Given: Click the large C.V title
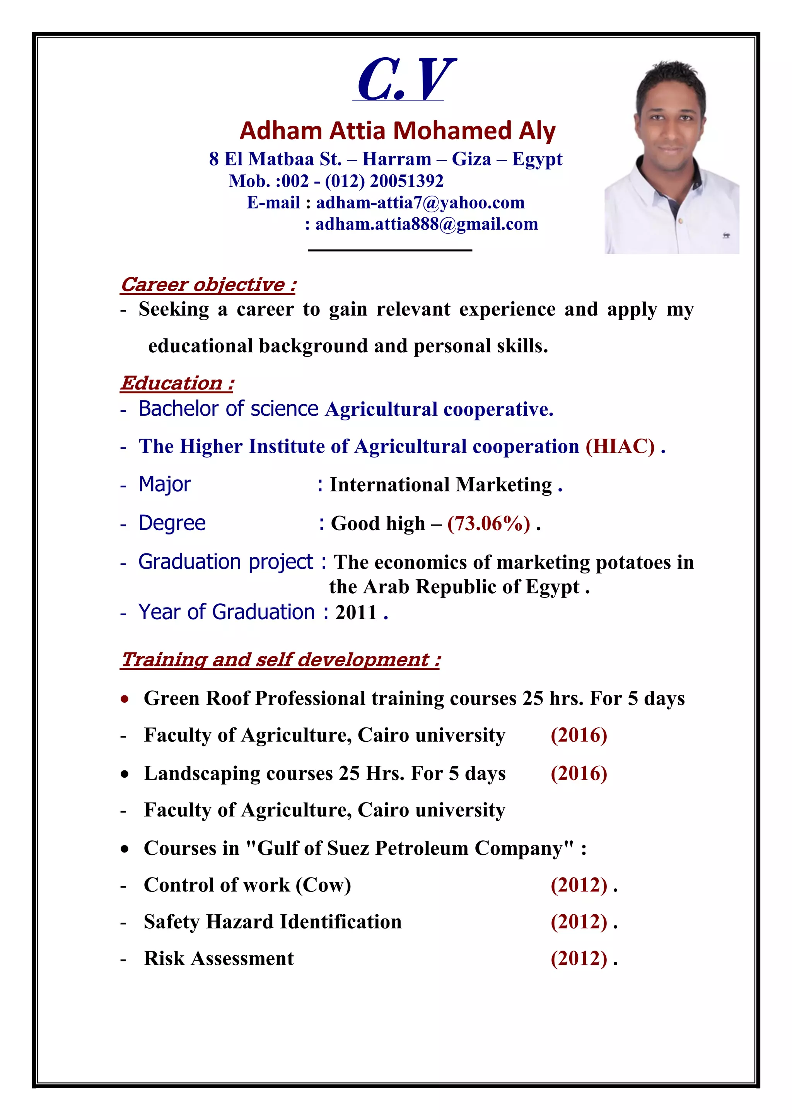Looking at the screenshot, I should point(405,80).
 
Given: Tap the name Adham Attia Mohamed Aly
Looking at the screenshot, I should point(398,131).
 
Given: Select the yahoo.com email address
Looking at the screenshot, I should point(420,202).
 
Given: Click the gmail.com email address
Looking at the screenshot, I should point(426,224).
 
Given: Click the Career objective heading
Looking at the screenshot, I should point(208,284).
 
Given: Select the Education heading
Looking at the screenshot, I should point(177,383).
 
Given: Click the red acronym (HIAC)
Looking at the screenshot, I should point(620,446).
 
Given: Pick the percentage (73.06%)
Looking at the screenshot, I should point(489,523).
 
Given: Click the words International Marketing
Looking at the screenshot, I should point(441,485).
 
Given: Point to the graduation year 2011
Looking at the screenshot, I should point(356,612).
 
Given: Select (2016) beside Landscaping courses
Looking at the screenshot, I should point(579,773).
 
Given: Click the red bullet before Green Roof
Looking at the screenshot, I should point(125,699).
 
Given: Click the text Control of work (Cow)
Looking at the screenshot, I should point(247,885).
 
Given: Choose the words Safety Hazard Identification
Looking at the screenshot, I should point(273,922).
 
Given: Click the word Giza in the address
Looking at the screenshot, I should point(471,159).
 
